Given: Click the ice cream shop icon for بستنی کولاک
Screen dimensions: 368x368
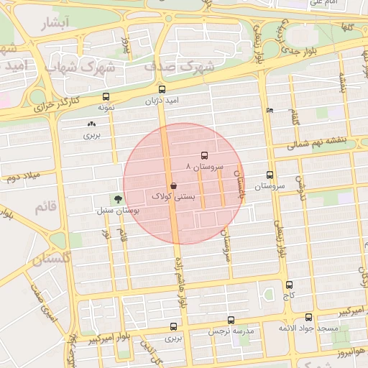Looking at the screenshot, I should click(x=175, y=185).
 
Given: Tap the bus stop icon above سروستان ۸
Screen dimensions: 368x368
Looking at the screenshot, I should click(x=204, y=155).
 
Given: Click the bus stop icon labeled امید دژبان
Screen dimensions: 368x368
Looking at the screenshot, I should click(x=161, y=91).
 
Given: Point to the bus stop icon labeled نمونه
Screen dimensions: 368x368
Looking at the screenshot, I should click(x=106, y=96).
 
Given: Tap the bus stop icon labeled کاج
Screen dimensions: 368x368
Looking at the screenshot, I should click(x=289, y=285).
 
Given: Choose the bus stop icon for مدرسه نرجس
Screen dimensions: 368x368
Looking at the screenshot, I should click(x=231, y=320).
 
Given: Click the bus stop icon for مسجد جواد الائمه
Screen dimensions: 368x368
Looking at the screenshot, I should click(x=309, y=317).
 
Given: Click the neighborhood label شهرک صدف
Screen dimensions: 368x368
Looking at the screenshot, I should click(x=179, y=66).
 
